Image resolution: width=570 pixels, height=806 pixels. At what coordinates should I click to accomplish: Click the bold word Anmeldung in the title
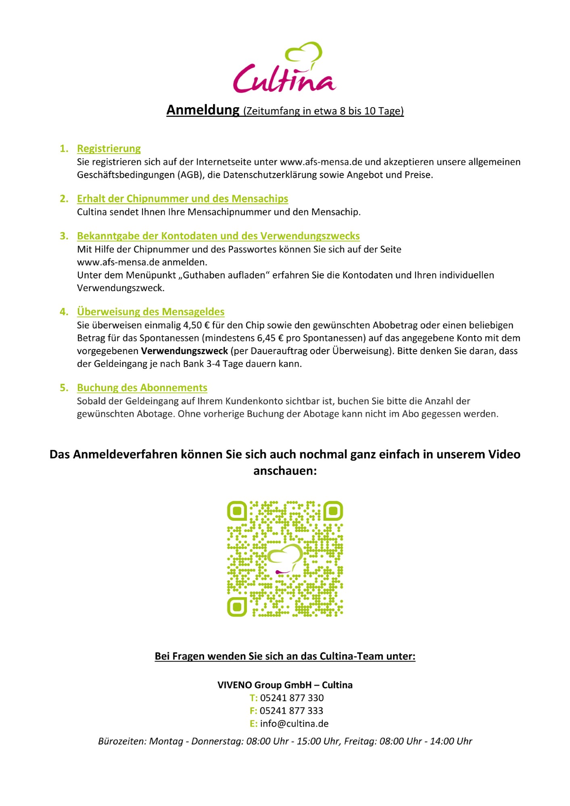coord(203,110)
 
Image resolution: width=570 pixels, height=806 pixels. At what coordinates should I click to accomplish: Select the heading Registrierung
coord(109,149)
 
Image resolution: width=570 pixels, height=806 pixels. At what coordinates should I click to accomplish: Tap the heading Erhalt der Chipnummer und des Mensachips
coord(182,199)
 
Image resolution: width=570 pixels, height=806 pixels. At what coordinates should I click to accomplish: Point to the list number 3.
coord(64,236)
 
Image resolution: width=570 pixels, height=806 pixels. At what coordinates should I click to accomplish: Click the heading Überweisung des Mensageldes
coord(150,312)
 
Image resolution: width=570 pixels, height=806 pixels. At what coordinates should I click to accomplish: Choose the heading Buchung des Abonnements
coord(142,388)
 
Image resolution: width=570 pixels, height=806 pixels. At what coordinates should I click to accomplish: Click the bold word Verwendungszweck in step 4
coord(184,351)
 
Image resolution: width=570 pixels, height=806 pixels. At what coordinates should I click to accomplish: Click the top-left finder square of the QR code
coord(237,511)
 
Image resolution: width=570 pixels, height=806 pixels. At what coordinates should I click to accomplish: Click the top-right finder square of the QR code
coord(333,511)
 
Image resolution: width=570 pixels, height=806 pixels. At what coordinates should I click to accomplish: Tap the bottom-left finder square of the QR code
coord(237,607)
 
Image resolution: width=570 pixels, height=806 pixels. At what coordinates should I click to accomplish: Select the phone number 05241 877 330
coord(292,698)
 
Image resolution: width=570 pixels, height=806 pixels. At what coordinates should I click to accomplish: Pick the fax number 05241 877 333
coord(291,711)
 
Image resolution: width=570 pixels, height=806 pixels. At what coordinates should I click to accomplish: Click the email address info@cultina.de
coord(294,724)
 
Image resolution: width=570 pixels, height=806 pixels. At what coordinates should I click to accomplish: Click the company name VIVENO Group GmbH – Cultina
coord(285,685)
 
